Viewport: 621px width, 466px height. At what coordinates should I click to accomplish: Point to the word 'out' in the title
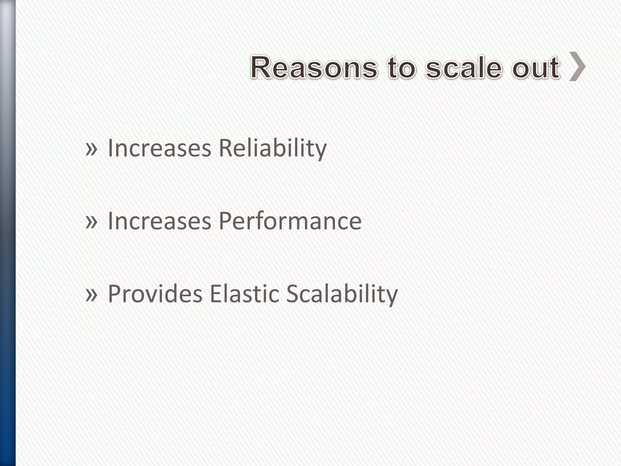pos(536,67)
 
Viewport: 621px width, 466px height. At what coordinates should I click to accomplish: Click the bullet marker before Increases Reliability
pos(91,149)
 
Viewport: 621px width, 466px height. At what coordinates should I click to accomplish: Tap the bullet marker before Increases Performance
pos(91,221)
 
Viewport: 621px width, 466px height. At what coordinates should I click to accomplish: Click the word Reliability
pos(272,149)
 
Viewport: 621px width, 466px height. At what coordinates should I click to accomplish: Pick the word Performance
pos(290,221)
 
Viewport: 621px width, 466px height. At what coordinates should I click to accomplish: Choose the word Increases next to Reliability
pos(159,149)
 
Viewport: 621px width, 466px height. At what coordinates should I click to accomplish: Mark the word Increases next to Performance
pos(159,221)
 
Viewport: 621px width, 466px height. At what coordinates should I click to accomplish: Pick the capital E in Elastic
pos(214,294)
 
